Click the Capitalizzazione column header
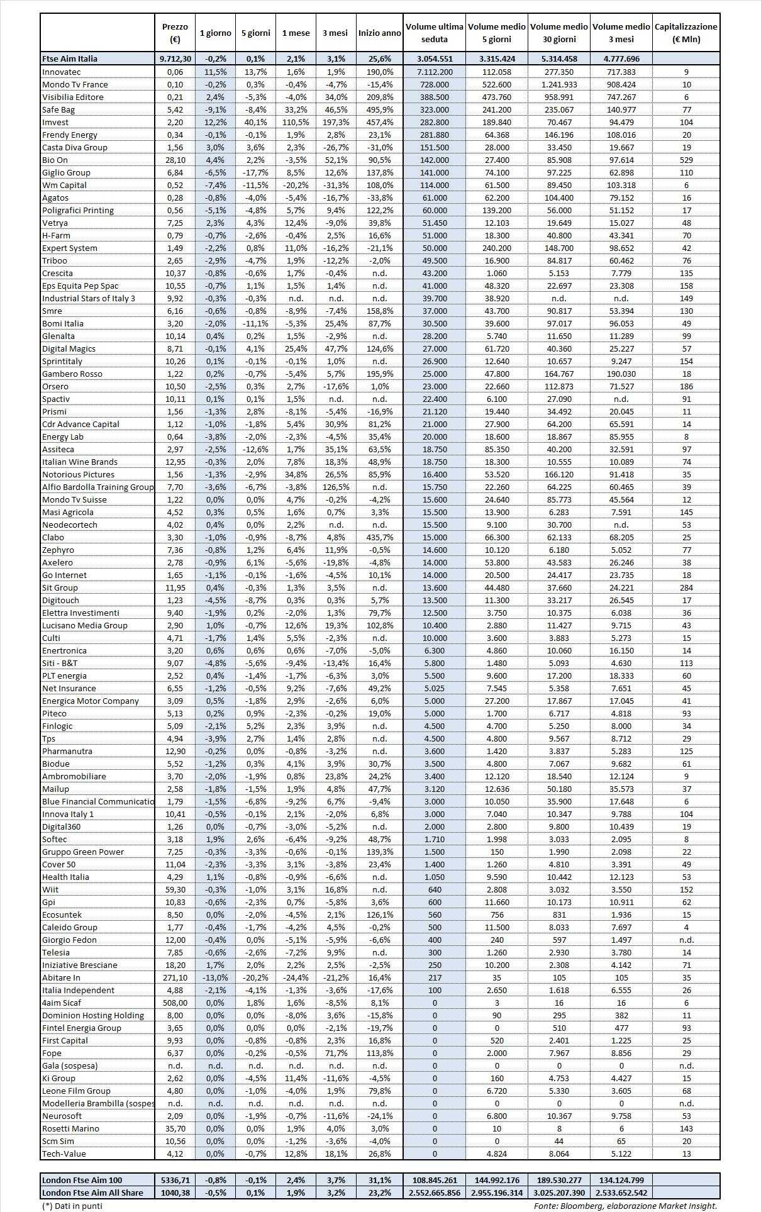pyautogui.click(x=686, y=33)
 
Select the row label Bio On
pyautogui.click(x=55, y=160)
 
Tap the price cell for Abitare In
pyautogui.click(x=174, y=977)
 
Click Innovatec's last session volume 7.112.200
pyautogui.click(x=434, y=72)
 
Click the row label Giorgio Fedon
pyautogui.click(x=70, y=940)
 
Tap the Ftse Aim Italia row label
pyautogui.click(x=70, y=58)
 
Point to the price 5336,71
pyautogui.click(x=174, y=1180)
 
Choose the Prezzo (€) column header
pyautogui.click(x=174, y=33)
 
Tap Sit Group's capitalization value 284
pyautogui.click(x=686, y=587)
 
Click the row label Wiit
pyautogui.click(x=50, y=889)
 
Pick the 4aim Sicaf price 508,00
pyautogui.click(x=174, y=1003)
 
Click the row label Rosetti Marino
pyautogui.click(x=70, y=1128)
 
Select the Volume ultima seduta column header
pyautogui.click(x=434, y=33)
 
